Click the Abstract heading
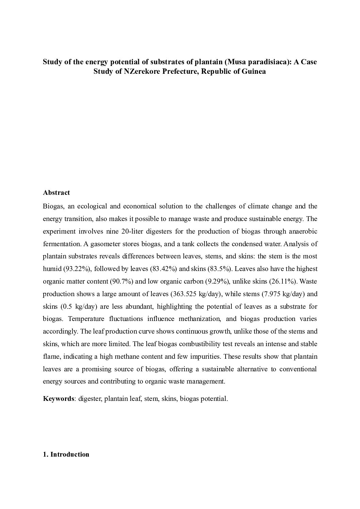(x=56, y=193)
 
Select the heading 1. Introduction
(x=66, y=455)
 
